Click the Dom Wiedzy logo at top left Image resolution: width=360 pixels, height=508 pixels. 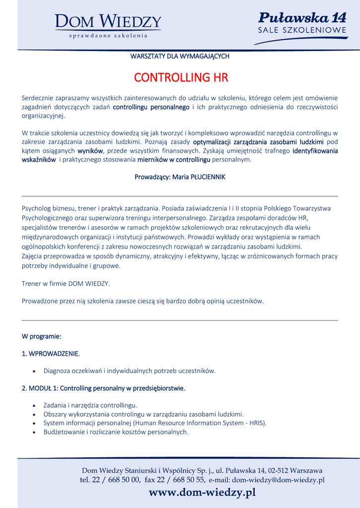click(x=108, y=22)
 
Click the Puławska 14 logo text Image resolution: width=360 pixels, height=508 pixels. click(x=302, y=18)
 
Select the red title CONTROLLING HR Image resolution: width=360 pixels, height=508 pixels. click(x=181, y=78)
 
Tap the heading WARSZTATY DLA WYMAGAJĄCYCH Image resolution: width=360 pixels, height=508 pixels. click(x=180, y=56)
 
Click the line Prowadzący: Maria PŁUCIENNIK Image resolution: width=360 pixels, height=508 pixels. click(x=180, y=177)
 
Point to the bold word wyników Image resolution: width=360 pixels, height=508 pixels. click(x=90, y=151)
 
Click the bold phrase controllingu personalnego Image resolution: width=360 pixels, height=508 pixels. click(x=151, y=107)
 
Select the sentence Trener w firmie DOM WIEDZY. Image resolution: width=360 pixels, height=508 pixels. click(x=66, y=284)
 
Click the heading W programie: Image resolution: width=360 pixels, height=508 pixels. click(x=41, y=336)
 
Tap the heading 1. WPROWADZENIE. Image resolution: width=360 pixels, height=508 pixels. click(x=51, y=354)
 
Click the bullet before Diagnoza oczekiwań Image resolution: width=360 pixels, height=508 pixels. click(x=34, y=371)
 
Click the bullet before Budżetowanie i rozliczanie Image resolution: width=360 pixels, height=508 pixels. click(x=34, y=432)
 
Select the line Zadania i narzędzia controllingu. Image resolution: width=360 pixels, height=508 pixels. click(x=90, y=405)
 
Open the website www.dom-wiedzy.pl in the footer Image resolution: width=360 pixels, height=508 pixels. click(x=202, y=493)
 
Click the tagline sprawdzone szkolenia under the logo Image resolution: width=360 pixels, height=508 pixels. click(x=108, y=36)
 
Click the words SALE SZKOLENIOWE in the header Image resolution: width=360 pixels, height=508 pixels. click(x=302, y=31)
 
